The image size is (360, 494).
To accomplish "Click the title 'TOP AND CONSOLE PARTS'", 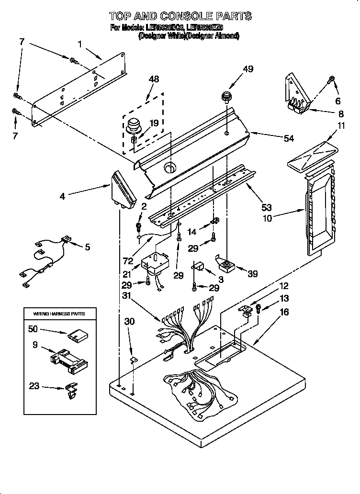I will [x=180, y=17].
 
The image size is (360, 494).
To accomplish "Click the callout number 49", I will [x=247, y=69].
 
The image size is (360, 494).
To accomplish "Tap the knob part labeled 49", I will [x=226, y=97].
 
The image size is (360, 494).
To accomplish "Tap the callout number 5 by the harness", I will [x=87, y=247].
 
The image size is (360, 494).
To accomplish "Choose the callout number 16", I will [x=284, y=312].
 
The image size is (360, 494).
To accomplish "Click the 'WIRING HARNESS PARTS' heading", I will [x=59, y=314].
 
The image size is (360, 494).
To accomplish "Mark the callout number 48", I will [x=154, y=79].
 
